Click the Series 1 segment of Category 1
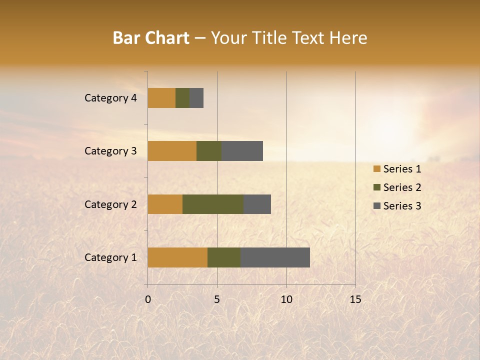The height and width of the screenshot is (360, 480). tap(177, 257)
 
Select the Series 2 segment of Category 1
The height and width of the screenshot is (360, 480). tap(224, 257)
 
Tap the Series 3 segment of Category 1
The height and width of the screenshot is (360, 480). tap(275, 257)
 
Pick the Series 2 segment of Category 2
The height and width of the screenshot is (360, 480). tap(213, 204)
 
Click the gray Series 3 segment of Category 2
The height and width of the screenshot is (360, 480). tap(257, 204)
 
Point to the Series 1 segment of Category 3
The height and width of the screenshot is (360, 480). tap(172, 151)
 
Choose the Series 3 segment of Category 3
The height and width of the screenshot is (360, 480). tap(242, 151)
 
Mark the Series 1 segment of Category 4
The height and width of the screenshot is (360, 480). tap(161, 98)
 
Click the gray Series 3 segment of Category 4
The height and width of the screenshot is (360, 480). tap(196, 98)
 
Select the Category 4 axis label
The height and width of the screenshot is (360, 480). tap(110, 98)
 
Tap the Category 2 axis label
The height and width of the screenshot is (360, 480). tap(110, 204)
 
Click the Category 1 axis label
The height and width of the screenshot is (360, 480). tap(110, 257)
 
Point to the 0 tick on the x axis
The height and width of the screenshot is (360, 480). tap(148, 299)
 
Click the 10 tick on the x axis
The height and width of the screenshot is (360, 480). tap(286, 299)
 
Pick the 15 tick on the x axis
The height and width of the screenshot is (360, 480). tap(355, 299)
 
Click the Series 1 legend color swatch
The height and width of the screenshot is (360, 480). tap(376, 169)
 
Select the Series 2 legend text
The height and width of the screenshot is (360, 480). tap(402, 187)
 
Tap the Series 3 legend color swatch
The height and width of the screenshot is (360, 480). tap(376, 206)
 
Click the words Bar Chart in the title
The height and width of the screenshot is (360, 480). tap(151, 38)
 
